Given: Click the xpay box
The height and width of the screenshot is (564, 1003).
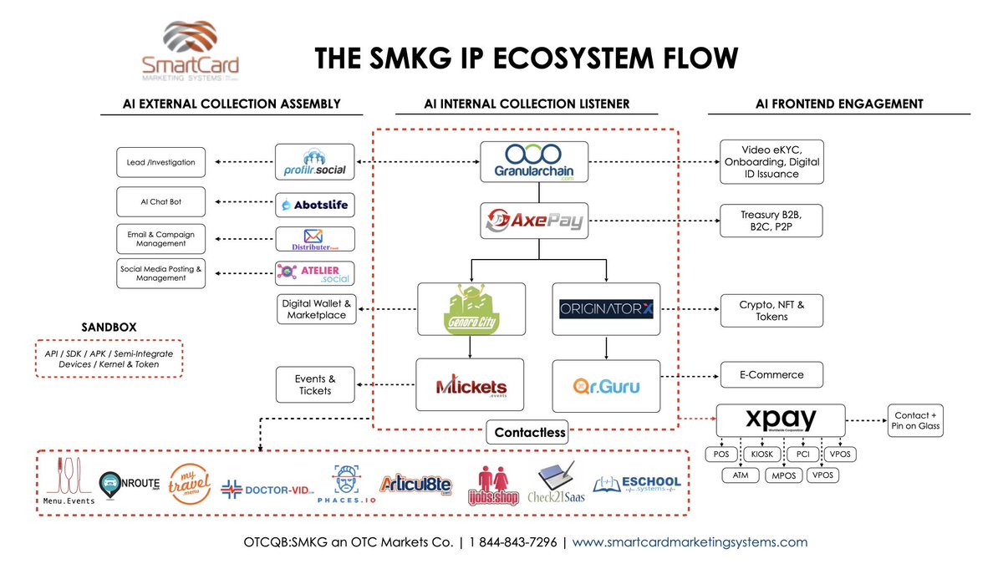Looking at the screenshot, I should (x=781, y=420).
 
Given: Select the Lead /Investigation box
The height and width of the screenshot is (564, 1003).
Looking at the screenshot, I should (x=162, y=162).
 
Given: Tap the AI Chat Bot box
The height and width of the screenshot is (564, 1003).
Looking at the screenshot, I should (x=162, y=202).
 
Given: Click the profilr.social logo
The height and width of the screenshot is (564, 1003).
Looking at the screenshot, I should (x=315, y=162).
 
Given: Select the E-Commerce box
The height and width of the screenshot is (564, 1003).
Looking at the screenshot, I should (x=771, y=374).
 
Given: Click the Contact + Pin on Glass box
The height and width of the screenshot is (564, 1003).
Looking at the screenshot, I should (x=917, y=420).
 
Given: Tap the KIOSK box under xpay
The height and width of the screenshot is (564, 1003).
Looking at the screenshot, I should (x=761, y=454).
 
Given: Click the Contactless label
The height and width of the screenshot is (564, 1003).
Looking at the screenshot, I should (x=530, y=433).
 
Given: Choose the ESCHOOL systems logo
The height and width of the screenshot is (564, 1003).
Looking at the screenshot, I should (x=637, y=485).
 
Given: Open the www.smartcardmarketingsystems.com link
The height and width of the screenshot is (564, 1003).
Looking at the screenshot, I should (x=690, y=541).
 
